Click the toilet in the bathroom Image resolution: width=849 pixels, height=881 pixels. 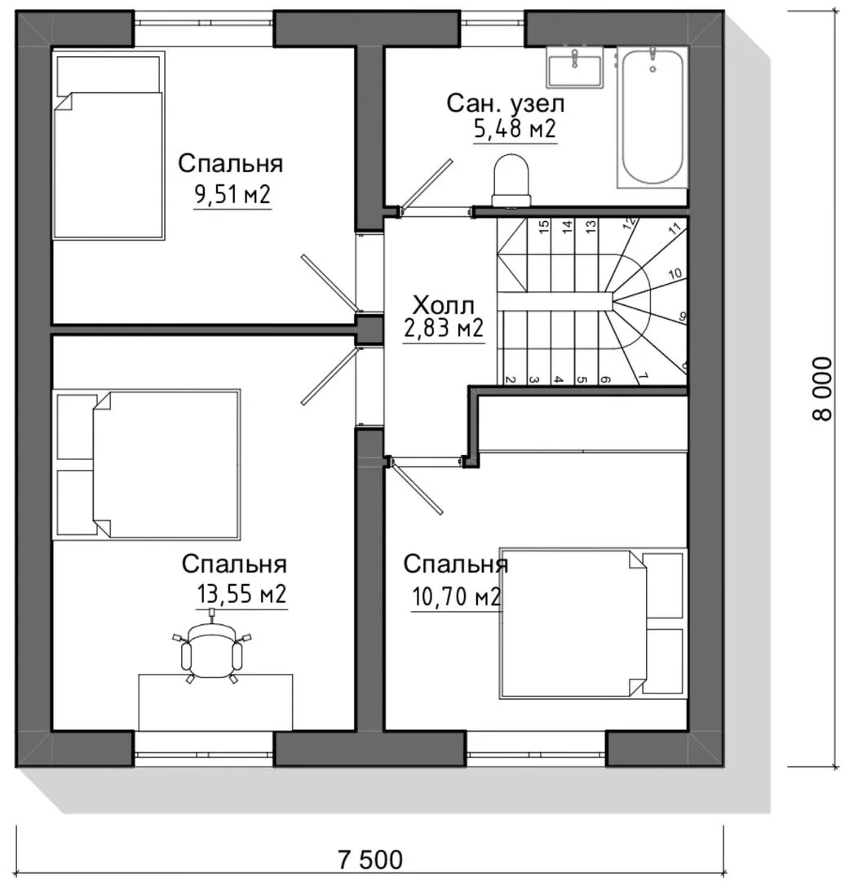[511, 181]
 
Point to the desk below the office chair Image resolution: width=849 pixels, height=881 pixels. [216, 702]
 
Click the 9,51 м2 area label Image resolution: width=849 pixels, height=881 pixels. [232, 195]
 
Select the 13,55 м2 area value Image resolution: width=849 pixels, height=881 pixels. [241, 594]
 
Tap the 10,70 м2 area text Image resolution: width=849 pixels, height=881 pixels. [456, 596]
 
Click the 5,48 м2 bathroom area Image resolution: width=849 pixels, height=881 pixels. [515, 129]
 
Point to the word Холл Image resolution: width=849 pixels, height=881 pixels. [444, 305]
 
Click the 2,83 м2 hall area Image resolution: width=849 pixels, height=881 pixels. [444, 328]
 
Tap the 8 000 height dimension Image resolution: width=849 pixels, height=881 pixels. [822, 389]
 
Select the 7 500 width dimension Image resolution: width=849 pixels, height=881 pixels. [371, 860]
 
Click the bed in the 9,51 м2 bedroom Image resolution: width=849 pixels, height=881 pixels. [108, 145]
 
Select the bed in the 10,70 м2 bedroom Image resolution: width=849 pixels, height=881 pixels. [593, 623]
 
